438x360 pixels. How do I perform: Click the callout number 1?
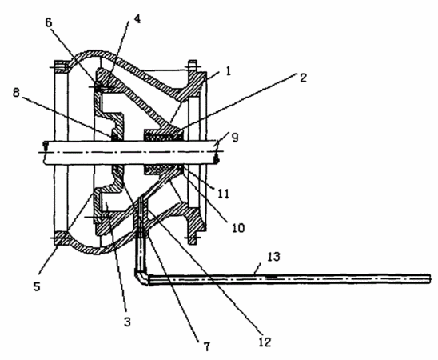[x=229, y=71]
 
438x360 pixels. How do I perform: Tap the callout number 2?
[x=303, y=78]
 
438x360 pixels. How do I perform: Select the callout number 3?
[x=127, y=322]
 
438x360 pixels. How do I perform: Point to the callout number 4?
[x=137, y=18]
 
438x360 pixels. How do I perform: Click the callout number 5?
[x=37, y=286]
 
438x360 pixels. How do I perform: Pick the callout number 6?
[x=49, y=22]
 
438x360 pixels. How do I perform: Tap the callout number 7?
[x=206, y=346]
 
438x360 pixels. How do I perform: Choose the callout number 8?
[x=16, y=93]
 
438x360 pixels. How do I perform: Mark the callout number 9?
[x=235, y=138]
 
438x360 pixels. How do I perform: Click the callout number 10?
[x=238, y=228]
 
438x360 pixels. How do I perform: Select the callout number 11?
[x=224, y=194]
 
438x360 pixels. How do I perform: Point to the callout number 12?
[x=265, y=342]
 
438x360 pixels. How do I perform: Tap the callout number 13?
[x=273, y=257]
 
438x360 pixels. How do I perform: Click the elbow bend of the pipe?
[x=141, y=278]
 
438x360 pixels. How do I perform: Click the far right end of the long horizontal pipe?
[x=429, y=278]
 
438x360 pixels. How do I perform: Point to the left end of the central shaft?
[x=45, y=152]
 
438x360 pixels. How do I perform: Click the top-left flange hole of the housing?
[x=61, y=67]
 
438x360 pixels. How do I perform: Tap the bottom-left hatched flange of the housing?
[x=62, y=238]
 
